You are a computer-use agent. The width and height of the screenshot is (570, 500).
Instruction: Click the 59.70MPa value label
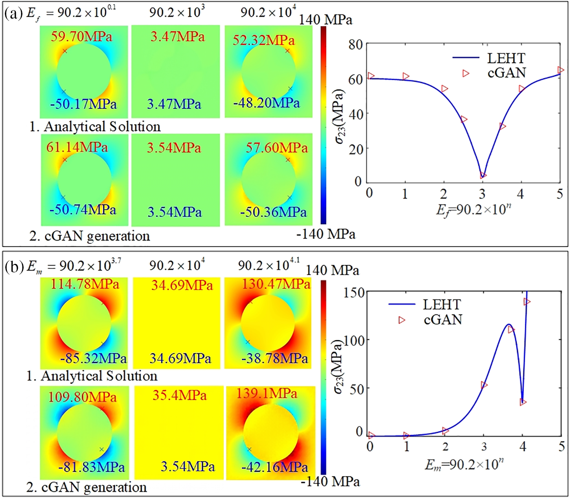click(81, 37)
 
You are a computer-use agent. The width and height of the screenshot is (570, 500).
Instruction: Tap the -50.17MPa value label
click(83, 104)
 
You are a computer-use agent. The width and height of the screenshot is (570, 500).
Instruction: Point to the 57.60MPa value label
click(276, 147)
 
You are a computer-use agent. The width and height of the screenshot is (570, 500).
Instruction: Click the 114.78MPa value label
click(85, 284)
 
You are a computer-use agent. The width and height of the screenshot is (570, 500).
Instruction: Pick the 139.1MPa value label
click(267, 393)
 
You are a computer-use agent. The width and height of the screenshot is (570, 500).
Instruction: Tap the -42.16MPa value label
click(274, 467)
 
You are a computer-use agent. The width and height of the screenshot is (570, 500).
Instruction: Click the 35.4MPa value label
click(180, 395)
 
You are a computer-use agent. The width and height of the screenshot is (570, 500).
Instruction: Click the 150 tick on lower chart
click(354, 292)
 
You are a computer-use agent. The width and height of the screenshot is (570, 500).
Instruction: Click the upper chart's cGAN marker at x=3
click(483, 175)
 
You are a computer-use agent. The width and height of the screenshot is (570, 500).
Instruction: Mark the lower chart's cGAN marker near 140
click(527, 302)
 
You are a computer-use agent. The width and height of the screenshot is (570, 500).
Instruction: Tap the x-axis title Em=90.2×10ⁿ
click(464, 464)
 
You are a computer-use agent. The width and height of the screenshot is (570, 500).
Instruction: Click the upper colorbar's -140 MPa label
click(326, 234)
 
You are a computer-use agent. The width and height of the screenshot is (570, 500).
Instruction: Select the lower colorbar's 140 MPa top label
click(332, 270)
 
